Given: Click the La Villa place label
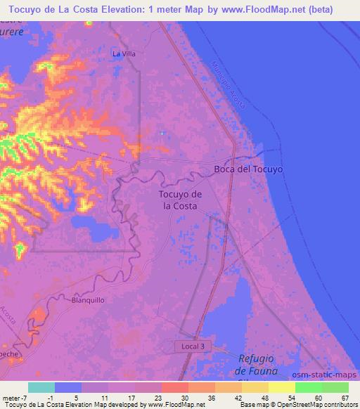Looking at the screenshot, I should point(124,53).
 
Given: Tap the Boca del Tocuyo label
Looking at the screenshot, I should point(248,169).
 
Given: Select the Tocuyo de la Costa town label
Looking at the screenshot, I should point(181,200).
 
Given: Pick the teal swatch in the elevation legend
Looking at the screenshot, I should point(41,387).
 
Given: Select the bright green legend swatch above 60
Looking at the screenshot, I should point(309,387).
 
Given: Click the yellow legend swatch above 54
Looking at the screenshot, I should point(282,387).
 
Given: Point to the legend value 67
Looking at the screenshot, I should point(345,397).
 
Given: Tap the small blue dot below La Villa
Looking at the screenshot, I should point(162,132).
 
